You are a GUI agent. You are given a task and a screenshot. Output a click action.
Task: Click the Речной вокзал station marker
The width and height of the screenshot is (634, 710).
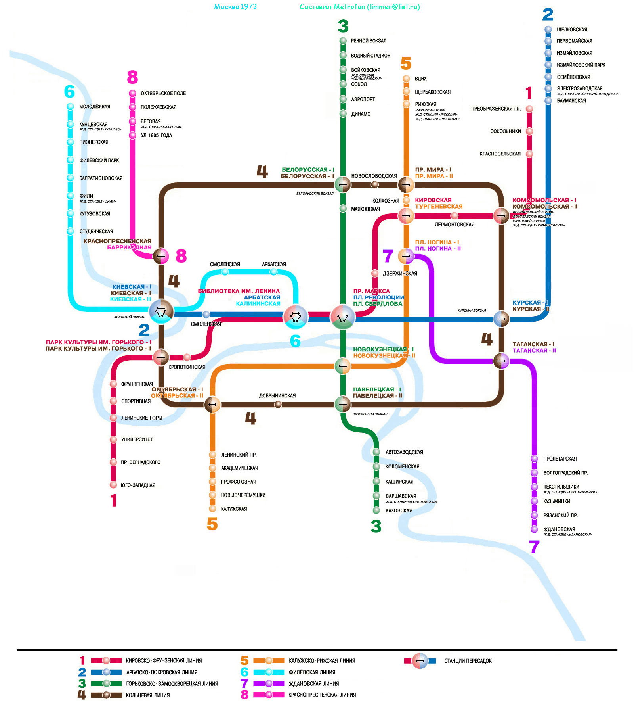343,41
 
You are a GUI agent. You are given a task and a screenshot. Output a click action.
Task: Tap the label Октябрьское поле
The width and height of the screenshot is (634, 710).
163,94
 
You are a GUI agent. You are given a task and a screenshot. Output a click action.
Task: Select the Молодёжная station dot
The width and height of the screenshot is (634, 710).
70,106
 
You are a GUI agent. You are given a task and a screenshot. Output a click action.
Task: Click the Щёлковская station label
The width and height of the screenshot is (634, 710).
572,30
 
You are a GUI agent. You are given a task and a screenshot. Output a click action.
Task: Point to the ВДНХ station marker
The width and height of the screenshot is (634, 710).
406,79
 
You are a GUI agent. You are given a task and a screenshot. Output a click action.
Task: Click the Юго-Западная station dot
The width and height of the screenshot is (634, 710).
113,485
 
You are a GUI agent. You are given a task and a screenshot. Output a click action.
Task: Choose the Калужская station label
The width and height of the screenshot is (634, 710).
234,509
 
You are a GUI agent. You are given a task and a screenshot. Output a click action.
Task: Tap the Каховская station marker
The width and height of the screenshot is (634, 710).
376,510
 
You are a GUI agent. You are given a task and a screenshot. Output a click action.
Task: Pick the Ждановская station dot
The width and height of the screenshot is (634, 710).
535,529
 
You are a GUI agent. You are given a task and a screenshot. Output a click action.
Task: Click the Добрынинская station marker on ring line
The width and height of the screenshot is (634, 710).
278,404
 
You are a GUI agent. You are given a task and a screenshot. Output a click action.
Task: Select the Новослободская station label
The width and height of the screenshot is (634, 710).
374,176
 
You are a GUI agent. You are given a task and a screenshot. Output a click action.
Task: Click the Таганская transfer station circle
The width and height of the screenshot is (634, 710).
501,361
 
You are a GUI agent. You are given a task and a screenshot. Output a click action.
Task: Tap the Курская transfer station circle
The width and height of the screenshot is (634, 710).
501,319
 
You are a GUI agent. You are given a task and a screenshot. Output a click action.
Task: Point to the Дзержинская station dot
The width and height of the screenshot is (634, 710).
375,273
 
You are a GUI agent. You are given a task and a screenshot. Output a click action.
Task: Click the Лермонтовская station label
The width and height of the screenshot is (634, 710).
454,225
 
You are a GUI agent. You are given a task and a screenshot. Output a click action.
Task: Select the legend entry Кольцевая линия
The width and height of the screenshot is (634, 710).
148,695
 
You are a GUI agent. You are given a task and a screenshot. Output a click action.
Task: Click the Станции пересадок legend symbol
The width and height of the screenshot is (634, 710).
420,661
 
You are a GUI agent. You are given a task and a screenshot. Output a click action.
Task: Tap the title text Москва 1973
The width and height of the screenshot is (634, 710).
235,7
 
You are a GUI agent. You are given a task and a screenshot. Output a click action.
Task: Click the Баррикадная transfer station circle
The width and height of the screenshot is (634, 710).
161,256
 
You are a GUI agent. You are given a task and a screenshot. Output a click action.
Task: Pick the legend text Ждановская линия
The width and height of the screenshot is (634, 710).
313,684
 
